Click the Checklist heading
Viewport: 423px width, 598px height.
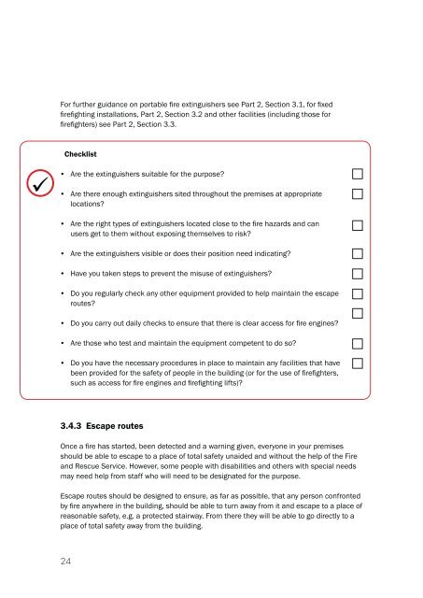[82, 152]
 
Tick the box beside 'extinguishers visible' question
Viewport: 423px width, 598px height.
[358, 253]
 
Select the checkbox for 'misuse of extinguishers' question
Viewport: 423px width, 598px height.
[358, 273]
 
